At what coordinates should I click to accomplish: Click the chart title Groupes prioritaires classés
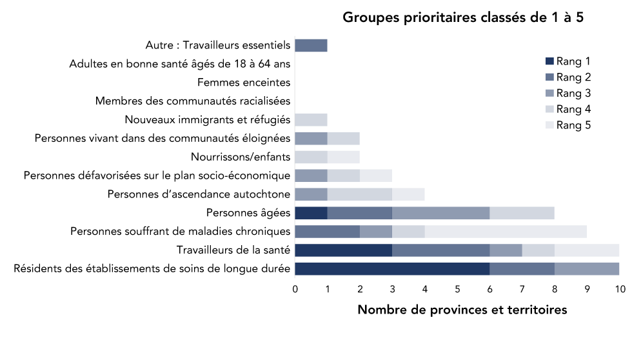[463, 17]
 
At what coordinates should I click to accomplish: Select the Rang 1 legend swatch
[549, 62]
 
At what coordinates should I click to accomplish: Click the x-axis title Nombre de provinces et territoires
[462, 310]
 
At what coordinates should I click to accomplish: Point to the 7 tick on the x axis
[522, 289]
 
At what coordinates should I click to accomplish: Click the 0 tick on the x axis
[295, 289]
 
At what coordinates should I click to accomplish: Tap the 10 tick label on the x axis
[619, 289]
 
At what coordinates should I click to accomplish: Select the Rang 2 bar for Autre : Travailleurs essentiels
[311, 45]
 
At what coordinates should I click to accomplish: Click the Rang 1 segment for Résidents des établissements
[392, 269]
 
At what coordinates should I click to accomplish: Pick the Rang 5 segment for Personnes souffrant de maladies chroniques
[506, 232]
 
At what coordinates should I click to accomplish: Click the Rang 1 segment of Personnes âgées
[311, 213]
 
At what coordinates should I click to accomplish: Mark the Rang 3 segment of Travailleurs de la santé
[506, 250]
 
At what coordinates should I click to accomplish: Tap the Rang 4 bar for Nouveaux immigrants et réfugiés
[311, 119]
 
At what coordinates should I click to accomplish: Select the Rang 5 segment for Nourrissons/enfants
[343, 157]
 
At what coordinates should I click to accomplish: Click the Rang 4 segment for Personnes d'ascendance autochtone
[359, 194]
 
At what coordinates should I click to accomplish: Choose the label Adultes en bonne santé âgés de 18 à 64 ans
[180, 64]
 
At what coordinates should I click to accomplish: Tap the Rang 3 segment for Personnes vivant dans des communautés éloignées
[311, 138]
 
